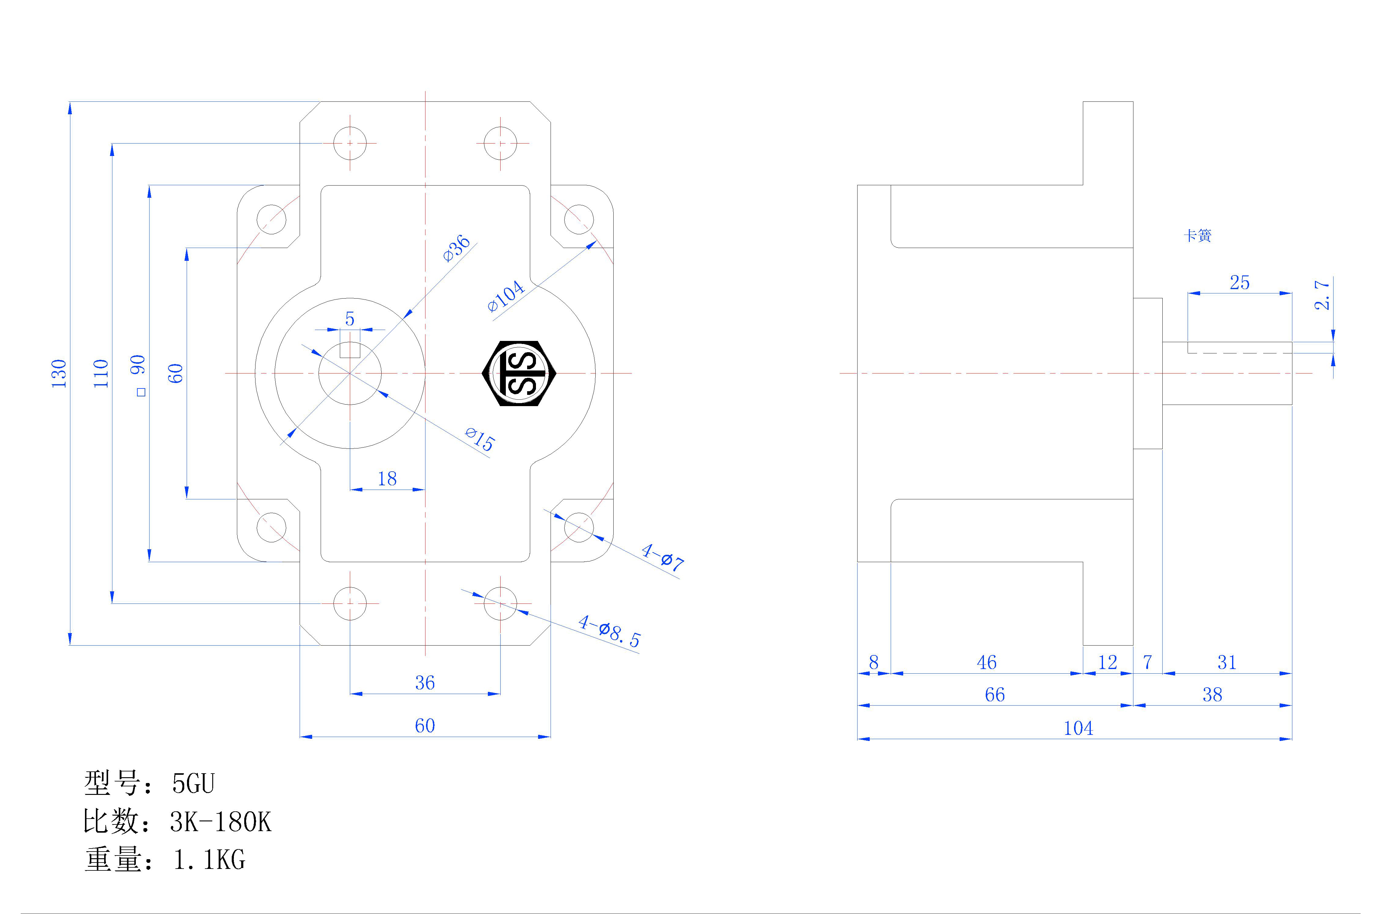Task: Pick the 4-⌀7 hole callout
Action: click(x=662, y=557)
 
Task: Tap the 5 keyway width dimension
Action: click(x=350, y=319)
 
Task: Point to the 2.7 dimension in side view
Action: click(x=1323, y=295)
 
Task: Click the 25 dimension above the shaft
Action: click(x=1239, y=283)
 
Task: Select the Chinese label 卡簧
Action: click(x=1197, y=236)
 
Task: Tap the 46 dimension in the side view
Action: click(x=987, y=662)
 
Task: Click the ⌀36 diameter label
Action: click(x=457, y=248)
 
